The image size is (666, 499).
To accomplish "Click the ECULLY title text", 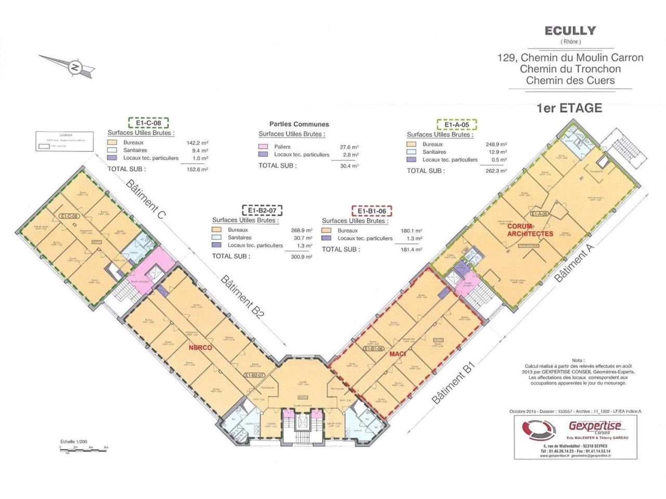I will tap(570, 31).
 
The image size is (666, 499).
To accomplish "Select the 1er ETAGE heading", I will tap(569, 108).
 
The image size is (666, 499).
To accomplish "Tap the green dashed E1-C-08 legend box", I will tap(149, 123).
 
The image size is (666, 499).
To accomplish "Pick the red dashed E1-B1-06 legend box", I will tap(372, 211).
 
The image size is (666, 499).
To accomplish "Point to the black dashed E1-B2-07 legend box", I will tap(262, 210).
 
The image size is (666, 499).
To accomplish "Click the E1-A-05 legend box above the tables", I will tap(456, 125).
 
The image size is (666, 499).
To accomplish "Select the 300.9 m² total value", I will tap(302, 256).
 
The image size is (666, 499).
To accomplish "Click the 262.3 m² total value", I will tap(496, 170).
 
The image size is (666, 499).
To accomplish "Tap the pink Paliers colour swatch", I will tap(263, 147).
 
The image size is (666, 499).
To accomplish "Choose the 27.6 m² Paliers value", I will tap(349, 147).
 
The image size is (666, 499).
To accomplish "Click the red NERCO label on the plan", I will tap(200, 347).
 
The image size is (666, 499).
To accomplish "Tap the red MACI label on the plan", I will tap(397, 354).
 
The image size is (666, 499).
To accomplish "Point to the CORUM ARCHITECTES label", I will tap(530, 230).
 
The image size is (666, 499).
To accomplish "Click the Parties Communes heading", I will tap(299, 124).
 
